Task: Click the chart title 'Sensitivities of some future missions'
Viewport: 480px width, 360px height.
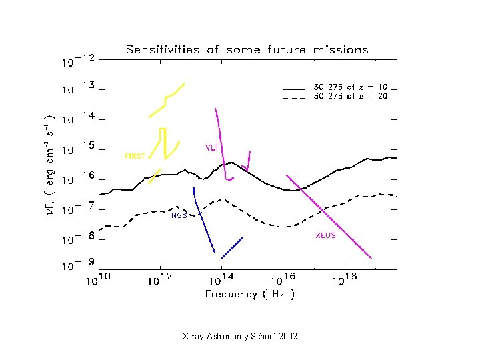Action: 247,50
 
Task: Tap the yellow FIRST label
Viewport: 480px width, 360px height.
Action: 135,156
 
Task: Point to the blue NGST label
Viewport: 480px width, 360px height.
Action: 181,215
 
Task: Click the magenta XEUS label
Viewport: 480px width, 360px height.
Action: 325,235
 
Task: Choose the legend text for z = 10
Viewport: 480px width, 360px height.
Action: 350,87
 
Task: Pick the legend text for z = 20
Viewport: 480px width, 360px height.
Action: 350,96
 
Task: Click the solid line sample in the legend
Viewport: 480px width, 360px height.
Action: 293,88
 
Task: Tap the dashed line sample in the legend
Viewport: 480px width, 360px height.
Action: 293,97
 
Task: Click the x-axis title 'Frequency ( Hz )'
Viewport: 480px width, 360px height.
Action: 249,293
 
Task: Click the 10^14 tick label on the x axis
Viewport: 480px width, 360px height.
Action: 222,278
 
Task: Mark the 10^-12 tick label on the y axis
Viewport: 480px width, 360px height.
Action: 79,61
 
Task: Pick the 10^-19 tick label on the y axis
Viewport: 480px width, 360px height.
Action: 79,265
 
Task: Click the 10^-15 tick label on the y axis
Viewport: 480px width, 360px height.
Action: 79,149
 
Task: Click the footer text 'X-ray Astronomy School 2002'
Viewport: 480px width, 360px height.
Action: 239,336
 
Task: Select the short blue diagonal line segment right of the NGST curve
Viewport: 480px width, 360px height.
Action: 231,247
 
